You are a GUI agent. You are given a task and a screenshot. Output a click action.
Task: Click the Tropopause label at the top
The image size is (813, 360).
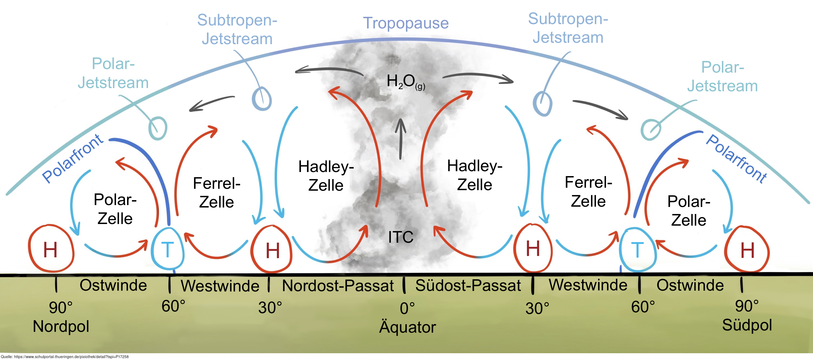pyautogui.click(x=406, y=23)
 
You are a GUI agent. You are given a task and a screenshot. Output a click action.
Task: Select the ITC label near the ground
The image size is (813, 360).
pyautogui.click(x=401, y=237)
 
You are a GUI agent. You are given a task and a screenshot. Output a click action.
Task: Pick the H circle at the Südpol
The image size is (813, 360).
pyautogui.click(x=747, y=250)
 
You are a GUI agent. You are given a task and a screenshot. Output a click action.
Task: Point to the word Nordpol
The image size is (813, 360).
pyautogui.click(x=61, y=326)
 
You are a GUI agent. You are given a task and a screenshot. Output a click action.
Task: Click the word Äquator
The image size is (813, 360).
pyautogui.click(x=407, y=327)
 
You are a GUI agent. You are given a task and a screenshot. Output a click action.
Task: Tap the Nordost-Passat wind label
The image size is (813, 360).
pyautogui.click(x=338, y=286)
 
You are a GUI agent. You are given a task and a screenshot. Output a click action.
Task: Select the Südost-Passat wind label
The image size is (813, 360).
pyautogui.click(x=468, y=286)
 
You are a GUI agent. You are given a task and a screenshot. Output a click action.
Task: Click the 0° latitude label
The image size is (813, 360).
pyautogui.click(x=407, y=308)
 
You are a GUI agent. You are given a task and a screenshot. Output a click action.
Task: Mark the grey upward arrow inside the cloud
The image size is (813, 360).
pyautogui.click(x=401, y=139)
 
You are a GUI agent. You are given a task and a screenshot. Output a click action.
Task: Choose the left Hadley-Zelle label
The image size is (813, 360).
pyautogui.click(x=326, y=176)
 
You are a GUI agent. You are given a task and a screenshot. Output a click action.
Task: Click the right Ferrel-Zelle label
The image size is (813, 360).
pyautogui.click(x=588, y=192)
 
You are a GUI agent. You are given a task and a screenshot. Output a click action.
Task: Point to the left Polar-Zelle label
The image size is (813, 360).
pyautogui.click(x=115, y=209)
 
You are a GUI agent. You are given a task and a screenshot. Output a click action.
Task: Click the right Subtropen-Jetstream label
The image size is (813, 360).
pyautogui.click(x=568, y=28)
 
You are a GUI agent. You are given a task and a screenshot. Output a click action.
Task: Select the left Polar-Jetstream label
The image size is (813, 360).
pyautogui.click(x=113, y=73)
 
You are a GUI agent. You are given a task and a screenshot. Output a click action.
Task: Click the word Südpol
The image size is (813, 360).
pyautogui.click(x=747, y=325)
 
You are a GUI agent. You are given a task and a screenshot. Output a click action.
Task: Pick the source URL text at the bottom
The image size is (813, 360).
pyautogui.click(x=65, y=357)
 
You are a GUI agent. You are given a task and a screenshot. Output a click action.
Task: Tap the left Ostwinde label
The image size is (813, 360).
pyautogui.click(x=113, y=285)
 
